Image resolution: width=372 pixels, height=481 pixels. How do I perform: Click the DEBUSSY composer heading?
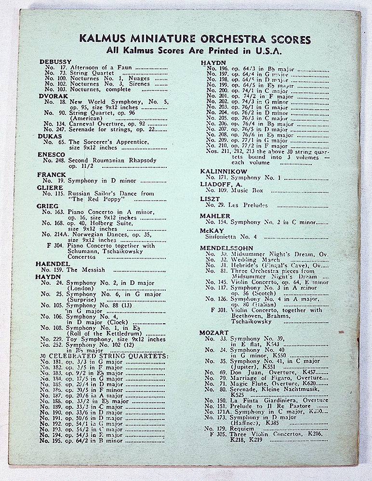click(x=55, y=62)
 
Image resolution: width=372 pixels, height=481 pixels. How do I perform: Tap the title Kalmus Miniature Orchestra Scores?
click(x=195, y=39)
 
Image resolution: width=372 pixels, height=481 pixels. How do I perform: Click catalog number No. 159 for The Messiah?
click(x=53, y=270)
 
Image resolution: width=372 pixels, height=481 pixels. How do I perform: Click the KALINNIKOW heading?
click(x=224, y=171)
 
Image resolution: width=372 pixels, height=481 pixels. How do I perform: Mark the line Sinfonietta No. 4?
click(x=228, y=237)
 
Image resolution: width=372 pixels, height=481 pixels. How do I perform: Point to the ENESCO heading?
click(x=50, y=154)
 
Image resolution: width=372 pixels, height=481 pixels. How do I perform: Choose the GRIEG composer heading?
click(x=46, y=206)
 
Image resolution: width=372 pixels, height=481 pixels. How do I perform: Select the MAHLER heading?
click(x=215, y=216)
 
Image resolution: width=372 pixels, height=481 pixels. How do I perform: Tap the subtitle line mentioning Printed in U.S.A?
click(x=195, y=51)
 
